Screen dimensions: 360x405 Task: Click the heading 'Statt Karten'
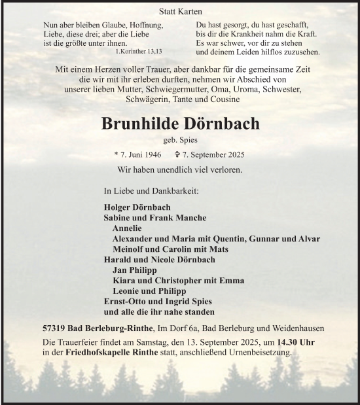(180, 12)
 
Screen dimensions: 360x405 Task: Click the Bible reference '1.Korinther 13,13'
(138, 51)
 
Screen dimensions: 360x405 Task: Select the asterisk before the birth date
(116, 156)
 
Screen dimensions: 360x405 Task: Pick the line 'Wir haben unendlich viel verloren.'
(180, 169)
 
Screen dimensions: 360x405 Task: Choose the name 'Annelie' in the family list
(127, 228)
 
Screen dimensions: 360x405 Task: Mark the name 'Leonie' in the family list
(125, 291)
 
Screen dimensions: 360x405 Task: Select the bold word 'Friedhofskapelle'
(98, 353)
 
